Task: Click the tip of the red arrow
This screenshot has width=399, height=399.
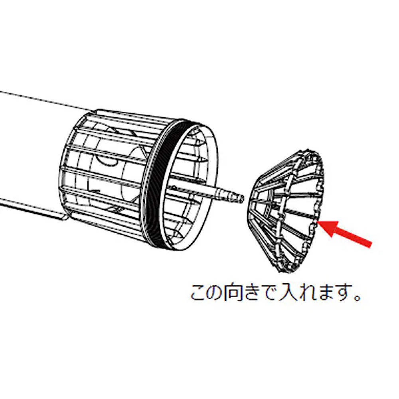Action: pyautogui.click(x=318, y=222)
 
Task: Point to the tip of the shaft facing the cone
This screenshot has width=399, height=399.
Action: pyautogui.click(x=242, y=199)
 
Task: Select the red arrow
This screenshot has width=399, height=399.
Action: pyautogui.click(x=345, y=233)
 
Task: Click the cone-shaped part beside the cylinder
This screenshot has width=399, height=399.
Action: pyautogui.click(x=286, y=211)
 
